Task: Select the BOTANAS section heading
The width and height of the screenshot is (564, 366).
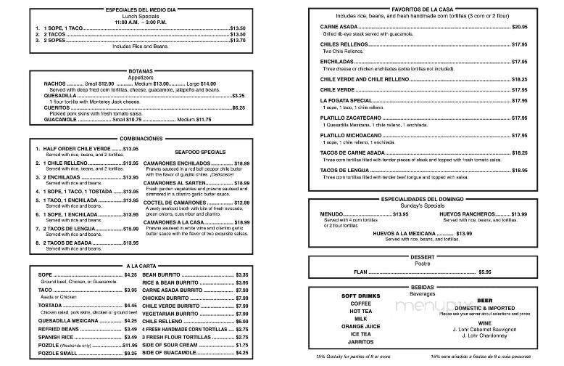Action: (136, 71)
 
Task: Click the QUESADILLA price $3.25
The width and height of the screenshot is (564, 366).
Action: (238, 95)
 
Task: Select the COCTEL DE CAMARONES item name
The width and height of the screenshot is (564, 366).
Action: (168, 203)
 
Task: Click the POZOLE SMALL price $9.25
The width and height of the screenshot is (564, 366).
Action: (130, 353)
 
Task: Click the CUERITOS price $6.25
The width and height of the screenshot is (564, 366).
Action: (239, 107)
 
